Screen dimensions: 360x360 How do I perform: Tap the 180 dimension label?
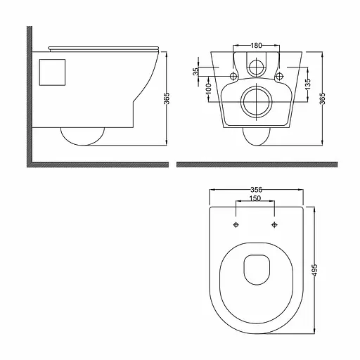click(256, 46)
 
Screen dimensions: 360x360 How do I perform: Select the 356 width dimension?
click(256, 188)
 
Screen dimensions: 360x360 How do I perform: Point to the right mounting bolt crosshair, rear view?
click(280, 75)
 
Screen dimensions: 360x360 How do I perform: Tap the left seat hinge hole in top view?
click(236, 225)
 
